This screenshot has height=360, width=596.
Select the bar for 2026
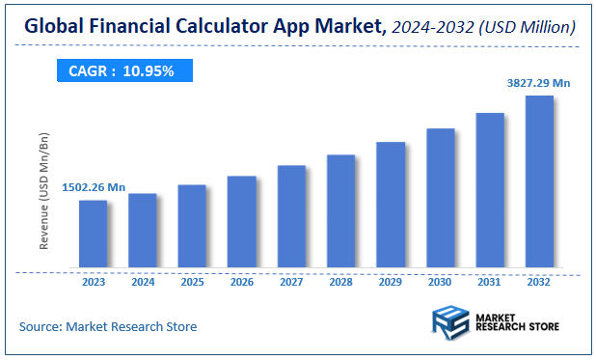pyautogui.click(x=242, y=221)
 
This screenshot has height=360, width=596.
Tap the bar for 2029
pyautogui.click(x=391, y=204)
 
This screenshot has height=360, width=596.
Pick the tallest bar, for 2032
pyautogui.click(x=539, y=180)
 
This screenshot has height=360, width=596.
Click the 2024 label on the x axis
pyautogui.click(x=143, y=282)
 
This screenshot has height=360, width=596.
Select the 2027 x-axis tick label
pyautogui.click(x=291, y=282)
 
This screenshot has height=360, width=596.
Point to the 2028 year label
pyautogui.click(x=341, y=282)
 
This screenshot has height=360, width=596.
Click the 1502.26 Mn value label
pyautogui.click(x=94, y=187)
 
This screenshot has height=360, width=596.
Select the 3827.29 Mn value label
pyautogui.click(x=539, y=83)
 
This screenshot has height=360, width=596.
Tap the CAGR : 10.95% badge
pyautogui.click(x=122, y=70)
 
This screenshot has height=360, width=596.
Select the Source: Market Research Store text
pyautogui.click(x=107, y=326)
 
